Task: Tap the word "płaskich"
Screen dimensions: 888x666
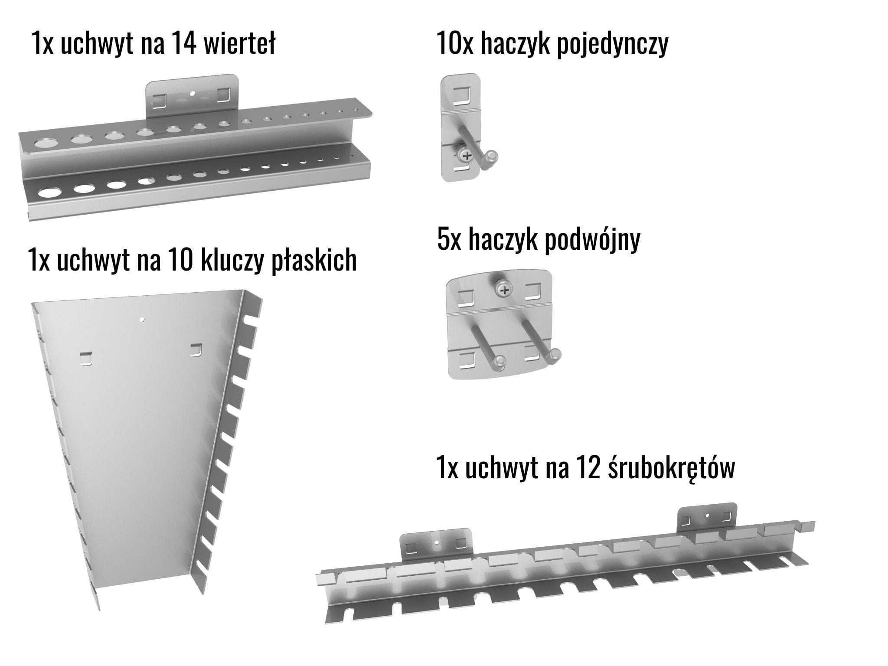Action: pos(314,261)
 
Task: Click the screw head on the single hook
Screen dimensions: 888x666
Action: pos(467,155)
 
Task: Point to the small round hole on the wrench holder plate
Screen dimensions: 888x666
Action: pos(142,320)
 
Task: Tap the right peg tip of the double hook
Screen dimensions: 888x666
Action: pos(555,356)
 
